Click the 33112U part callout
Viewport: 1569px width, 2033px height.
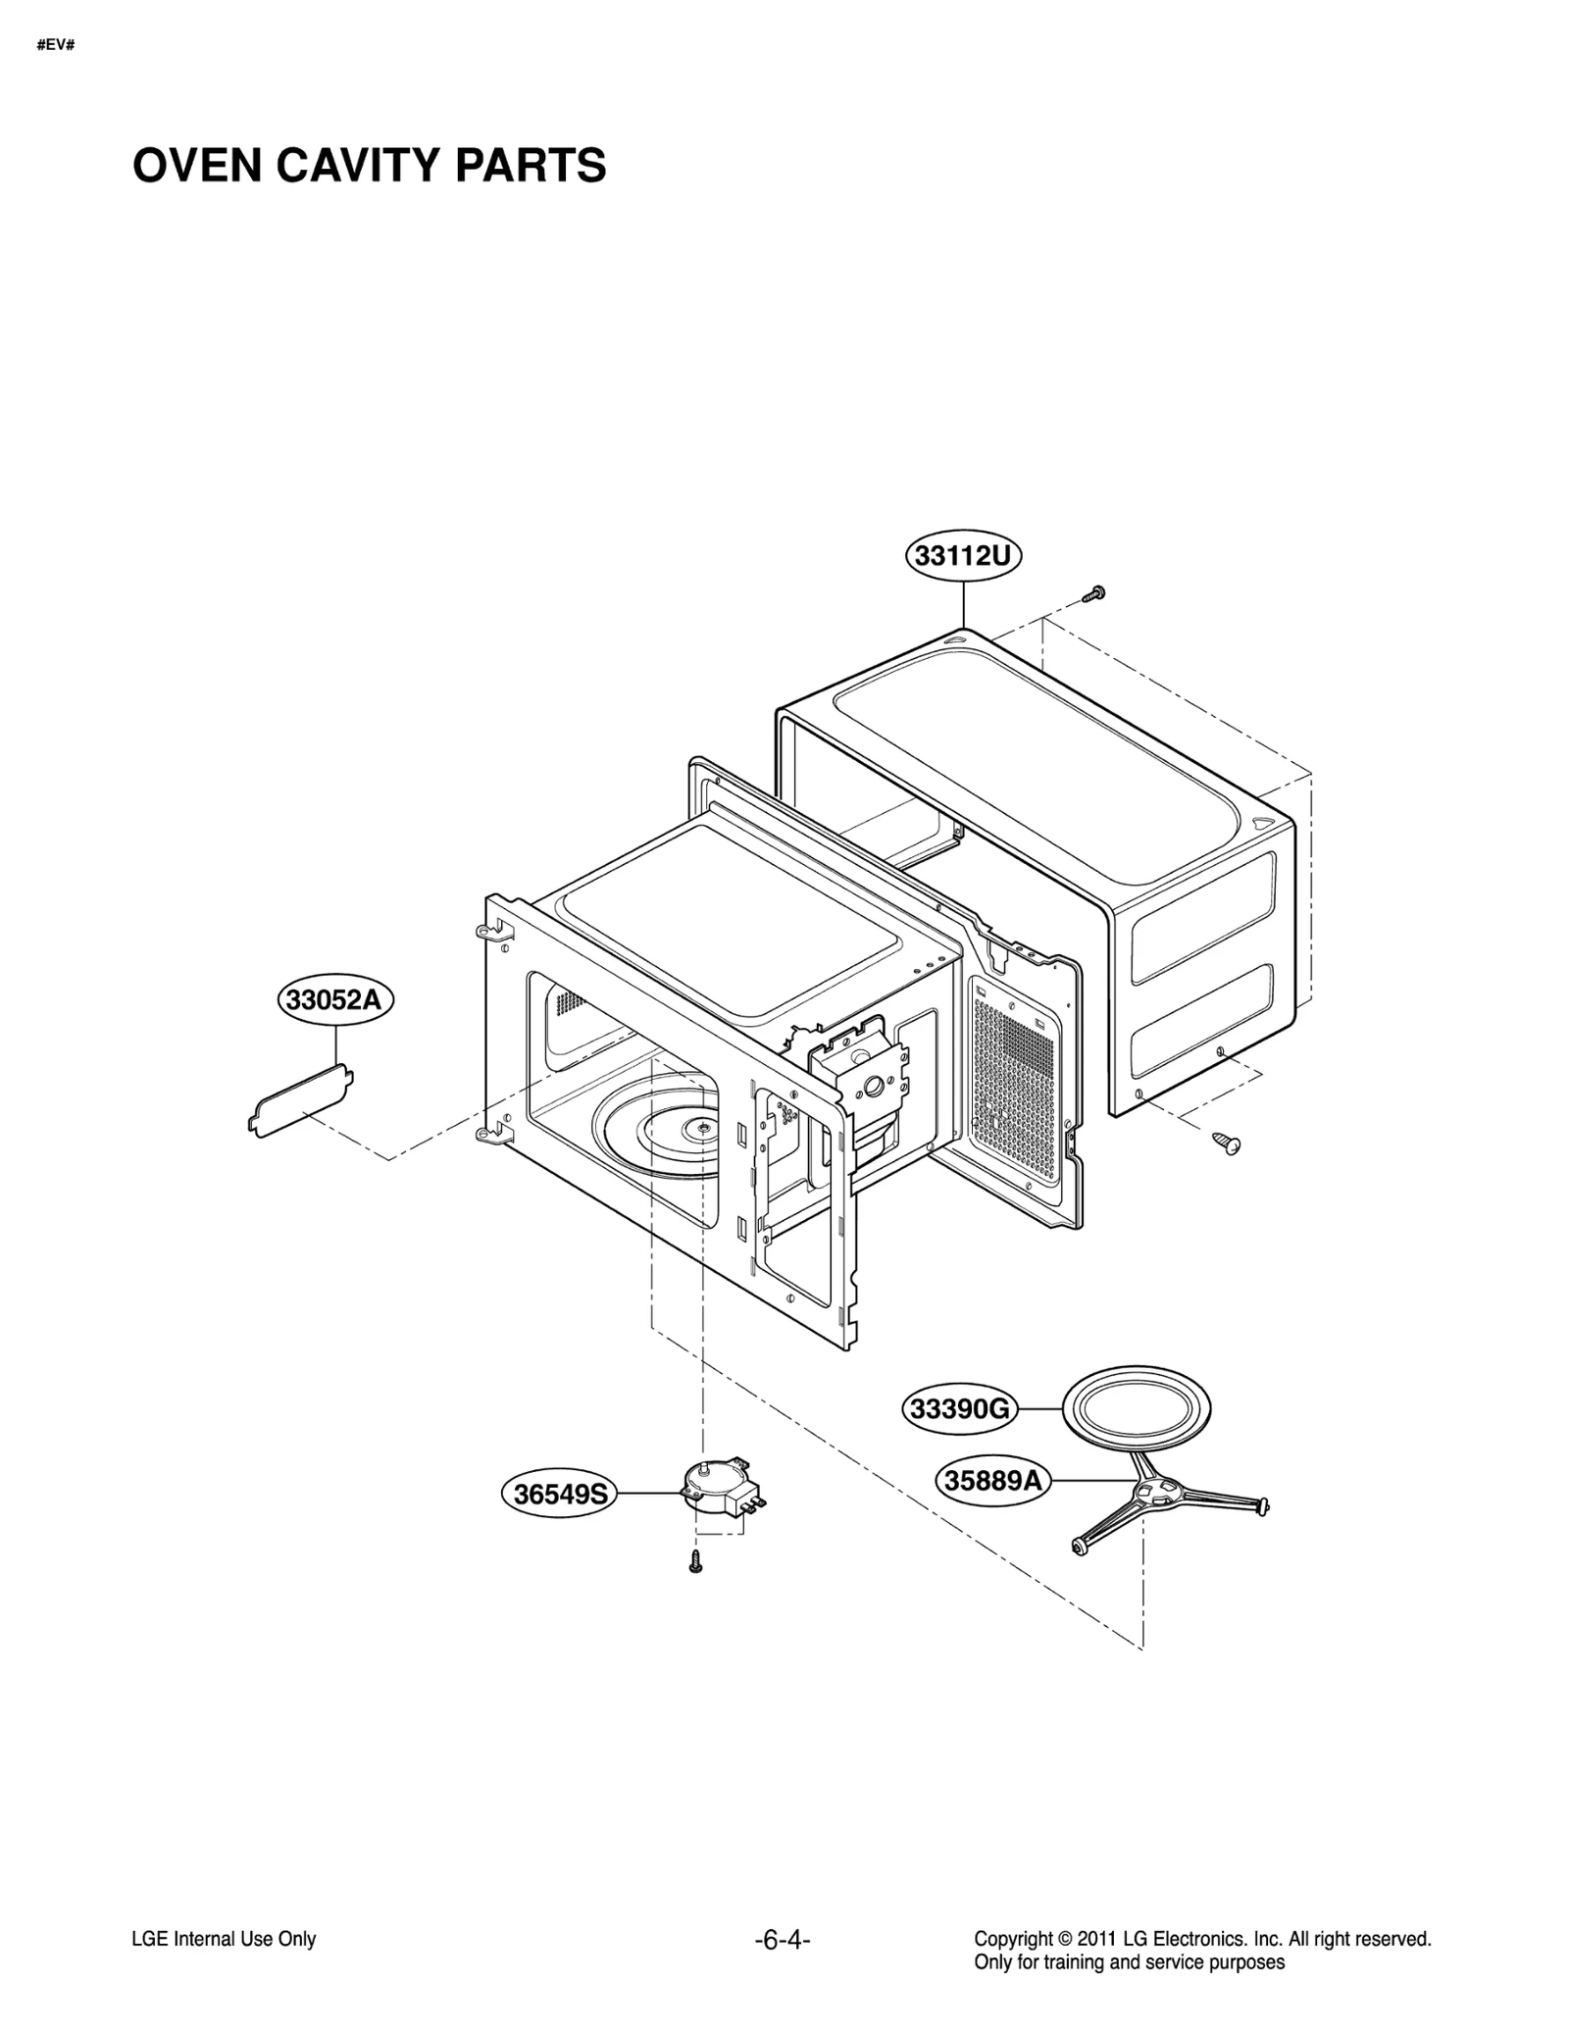(962, 556)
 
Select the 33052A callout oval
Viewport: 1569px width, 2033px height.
(334, 999)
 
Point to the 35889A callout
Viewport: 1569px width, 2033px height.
(992, 1479)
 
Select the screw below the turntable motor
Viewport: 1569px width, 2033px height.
(695, 1563)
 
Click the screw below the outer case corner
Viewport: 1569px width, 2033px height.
(1226, 1142)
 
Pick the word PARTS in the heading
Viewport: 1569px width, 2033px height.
(531, 165)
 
